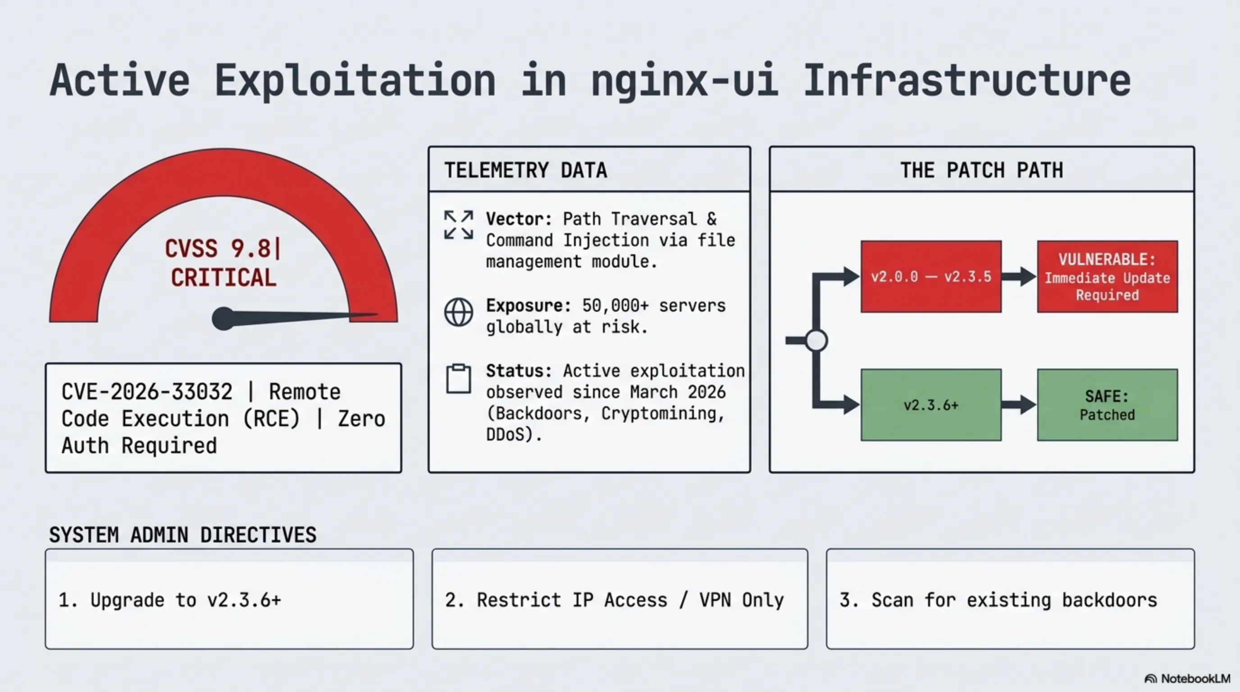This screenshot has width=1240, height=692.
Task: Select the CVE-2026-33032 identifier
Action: click(147, 392)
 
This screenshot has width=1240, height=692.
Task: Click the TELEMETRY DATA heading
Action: click(525, 170)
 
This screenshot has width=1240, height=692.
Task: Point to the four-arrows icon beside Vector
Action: click(458, 225)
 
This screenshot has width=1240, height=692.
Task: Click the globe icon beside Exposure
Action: click(458, 312)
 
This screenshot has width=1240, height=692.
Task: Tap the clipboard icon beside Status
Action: click(458, 379)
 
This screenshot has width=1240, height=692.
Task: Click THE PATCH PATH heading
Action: click(981, 170)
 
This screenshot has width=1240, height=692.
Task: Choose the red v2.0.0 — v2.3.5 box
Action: click(931, 277)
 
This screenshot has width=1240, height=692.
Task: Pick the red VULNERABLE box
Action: click(1107, 277)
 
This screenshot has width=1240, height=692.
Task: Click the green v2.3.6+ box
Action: click(931, 405)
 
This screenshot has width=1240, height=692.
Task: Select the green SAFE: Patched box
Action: click(1107, 405)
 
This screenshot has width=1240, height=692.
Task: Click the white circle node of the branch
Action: click(816, 341)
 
